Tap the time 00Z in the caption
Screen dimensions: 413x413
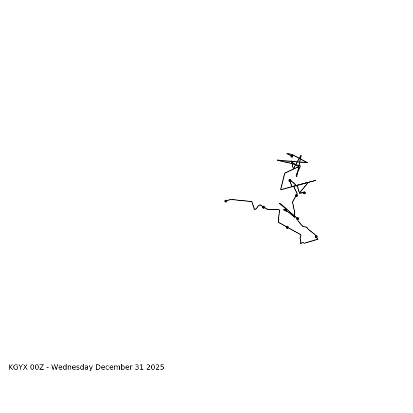point(37,368)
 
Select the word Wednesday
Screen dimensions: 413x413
point(72,368)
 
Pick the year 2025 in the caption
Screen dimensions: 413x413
point(155,368)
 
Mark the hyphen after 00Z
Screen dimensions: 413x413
point(47,368)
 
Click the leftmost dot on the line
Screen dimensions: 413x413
point(226,201)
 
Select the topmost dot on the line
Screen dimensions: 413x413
point(292,156)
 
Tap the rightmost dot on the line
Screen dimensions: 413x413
point(316,236)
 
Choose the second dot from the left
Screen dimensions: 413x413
point(263,207)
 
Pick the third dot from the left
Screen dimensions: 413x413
point(287,227)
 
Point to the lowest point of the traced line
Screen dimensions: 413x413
point(301,243)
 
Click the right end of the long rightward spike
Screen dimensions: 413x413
point(315,181)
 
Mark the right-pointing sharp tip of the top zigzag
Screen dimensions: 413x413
point(307,163)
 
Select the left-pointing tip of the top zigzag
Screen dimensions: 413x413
point(278,160)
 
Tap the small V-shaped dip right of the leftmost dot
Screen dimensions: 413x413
point(255,209)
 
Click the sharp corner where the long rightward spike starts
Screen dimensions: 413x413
point(281,189)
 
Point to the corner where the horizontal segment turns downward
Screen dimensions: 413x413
point(279,210)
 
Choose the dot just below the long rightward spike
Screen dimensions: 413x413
point(304,193)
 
